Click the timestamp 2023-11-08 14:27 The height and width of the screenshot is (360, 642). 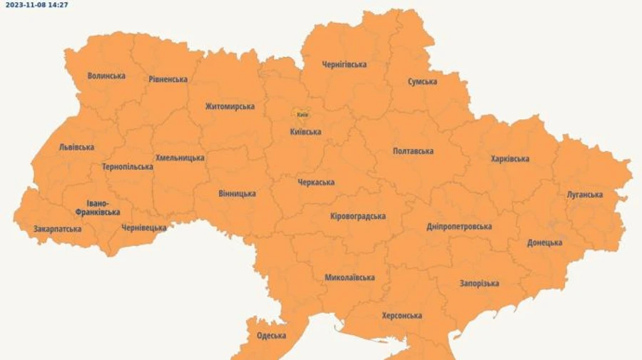click(36, 4)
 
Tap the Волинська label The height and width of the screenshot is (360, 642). click(106, 76)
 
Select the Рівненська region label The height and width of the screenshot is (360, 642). click(168, 79)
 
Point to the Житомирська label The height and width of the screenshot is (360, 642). click(230, 107)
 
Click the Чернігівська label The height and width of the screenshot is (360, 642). click(344, 65)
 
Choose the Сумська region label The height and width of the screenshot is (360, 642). click(422, 82)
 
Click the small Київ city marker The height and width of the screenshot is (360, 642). click(302, 114)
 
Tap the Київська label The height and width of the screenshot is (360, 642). click(305, 132)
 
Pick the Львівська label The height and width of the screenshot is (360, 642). click(76, 148)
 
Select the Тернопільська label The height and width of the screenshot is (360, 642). click(127, 167)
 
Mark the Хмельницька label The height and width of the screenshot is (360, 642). click(180, 158)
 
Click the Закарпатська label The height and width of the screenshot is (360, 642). click(57, 230)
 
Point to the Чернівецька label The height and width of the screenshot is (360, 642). click(143, 228)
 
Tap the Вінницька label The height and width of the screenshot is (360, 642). click(237, 194)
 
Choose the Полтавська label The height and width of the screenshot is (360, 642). click(413, 151)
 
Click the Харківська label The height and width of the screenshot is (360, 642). click(510, 159)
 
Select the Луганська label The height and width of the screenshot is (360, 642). click(584, 195)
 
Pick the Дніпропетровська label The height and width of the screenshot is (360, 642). click(459, 227)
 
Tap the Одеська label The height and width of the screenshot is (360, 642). click(271, 336)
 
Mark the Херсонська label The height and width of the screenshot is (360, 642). click(402, 316)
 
